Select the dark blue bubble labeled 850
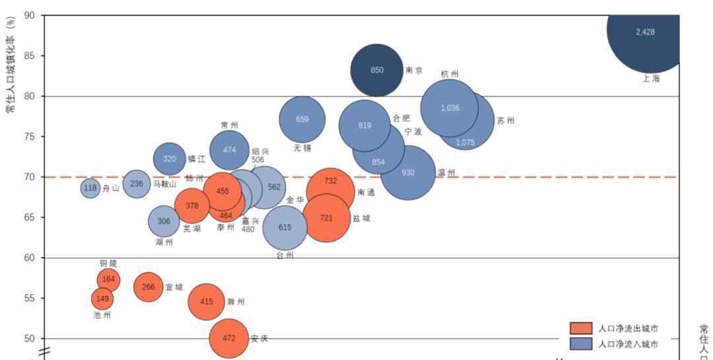376,70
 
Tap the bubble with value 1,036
450,108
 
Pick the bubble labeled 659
302,120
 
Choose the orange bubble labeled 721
326,217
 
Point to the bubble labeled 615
285,227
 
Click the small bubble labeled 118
90,188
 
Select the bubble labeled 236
137,184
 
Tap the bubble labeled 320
170,159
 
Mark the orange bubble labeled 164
108,279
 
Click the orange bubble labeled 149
102,299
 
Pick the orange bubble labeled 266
149,287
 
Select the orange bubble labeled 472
228,338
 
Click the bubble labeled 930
408,172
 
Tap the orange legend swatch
581,328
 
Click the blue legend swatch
581,343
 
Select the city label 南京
414,71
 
